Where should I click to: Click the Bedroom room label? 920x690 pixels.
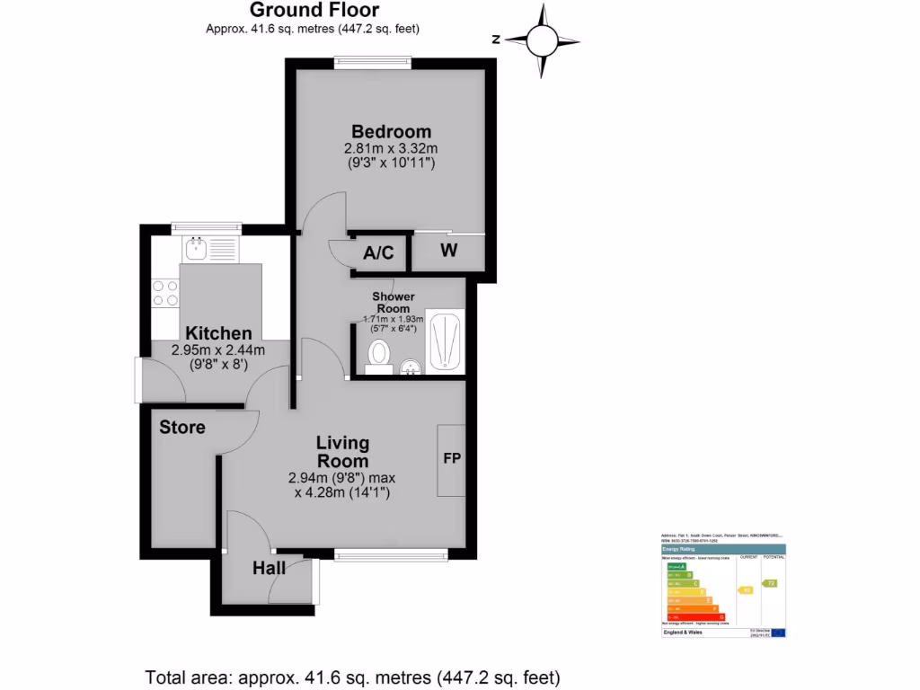391,131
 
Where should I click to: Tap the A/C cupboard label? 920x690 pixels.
378,253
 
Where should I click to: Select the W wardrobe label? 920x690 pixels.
448,251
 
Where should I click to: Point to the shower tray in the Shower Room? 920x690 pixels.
444,341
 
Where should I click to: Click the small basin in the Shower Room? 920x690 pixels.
411,367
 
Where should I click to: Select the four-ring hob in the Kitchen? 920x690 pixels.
165,293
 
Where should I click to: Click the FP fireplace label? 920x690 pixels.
452,459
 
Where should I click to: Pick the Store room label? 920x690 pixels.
182,428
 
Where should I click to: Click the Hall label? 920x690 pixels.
269,568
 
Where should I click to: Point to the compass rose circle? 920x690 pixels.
542,40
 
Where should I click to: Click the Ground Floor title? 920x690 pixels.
314,11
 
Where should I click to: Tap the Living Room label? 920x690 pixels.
342,452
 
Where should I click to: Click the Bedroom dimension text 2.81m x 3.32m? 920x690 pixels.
391,148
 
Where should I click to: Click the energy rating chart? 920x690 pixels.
722,585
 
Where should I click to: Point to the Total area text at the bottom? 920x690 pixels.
353,677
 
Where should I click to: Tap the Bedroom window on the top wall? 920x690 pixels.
373,62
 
